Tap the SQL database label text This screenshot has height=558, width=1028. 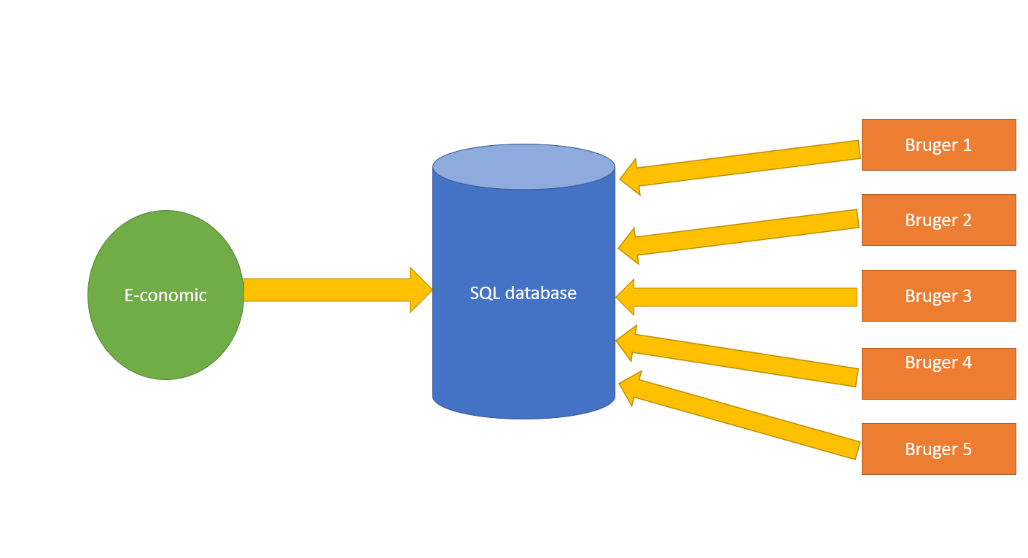tap(523, 293)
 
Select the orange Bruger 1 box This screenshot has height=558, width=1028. tap(938, 145)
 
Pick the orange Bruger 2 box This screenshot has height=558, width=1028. tap(938, 220)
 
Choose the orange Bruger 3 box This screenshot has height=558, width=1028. tap(938, 296)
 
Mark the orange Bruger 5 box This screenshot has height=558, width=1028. tap(938, 449)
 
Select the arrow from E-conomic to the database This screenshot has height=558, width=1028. tap(328, 290)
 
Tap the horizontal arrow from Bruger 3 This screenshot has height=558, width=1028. tap(744, 297)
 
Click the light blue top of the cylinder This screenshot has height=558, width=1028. tap(523, 166)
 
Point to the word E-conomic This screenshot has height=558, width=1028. tap(166, 295)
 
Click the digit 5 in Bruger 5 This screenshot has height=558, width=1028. tap(967, 449)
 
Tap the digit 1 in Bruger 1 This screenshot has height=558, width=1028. tap(967, 145)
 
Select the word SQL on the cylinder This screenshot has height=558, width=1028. tap(485, 293)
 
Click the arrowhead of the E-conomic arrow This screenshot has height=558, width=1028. tap(421, 290)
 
